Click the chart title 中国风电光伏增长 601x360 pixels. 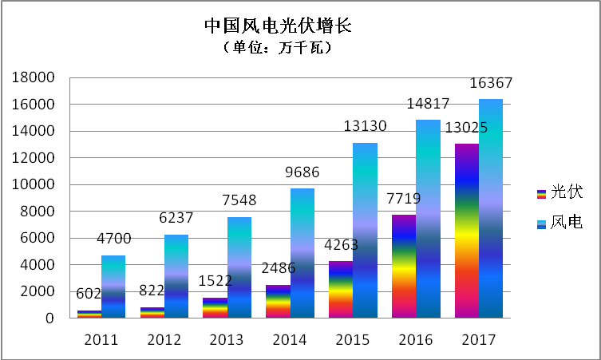[x=278, y=26]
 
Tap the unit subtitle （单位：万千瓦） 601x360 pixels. [x=278, y=49]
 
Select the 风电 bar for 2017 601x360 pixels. [x=490, y=208]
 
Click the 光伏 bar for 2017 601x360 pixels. [x=467, y=231]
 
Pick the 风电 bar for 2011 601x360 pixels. [x=113, y=287]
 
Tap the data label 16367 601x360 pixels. [x=490, y=84]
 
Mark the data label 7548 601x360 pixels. [x=239, y=200]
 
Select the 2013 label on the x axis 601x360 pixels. [x=227, y=339]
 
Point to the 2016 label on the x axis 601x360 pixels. [x=416, y=339]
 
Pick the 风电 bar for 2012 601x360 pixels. [x=176, y=276]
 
